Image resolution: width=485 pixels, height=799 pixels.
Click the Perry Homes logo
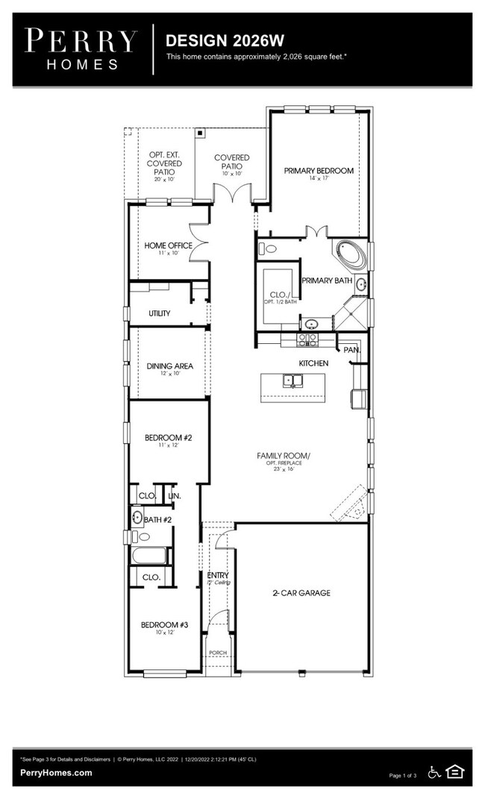point(81,48)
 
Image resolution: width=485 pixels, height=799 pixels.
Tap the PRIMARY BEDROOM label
point(319,171)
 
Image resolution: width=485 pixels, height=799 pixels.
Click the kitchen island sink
point(292,381)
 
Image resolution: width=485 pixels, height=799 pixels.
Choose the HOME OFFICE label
point(168,245)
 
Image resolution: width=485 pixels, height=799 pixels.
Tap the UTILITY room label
point(159,313)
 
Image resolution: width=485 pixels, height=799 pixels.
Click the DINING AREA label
point(169,366)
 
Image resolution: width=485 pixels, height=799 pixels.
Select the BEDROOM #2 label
point(168,438)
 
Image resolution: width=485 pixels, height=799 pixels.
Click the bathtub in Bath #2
point(148,556)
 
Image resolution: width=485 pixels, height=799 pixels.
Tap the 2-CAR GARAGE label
point(301,593)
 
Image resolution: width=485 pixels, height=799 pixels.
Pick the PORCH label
point(217,653)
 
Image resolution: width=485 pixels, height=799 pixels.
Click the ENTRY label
point(218,575)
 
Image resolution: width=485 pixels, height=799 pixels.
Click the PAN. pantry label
point(351,349)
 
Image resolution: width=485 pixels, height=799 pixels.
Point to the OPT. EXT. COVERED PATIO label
point(164,163)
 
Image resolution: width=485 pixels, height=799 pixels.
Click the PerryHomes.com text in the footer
point(56,773)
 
